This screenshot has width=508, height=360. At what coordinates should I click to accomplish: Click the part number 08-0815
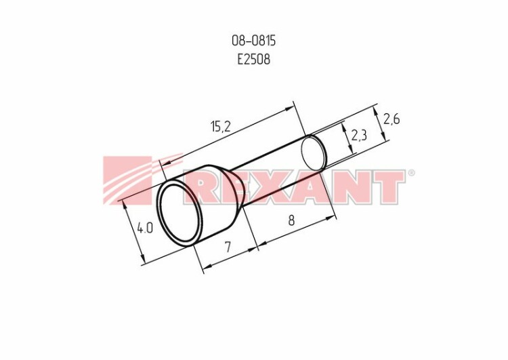(x=254, y=41)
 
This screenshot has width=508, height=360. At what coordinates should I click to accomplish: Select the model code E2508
(x=254, y=60)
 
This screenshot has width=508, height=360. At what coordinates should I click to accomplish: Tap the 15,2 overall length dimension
(x=221, y=126)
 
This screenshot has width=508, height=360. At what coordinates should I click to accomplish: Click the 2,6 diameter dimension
(x=391, y=119)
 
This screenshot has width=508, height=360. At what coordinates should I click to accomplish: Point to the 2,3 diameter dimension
(x=359, y=135)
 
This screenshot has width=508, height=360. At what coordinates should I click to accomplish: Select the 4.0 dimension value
(x=144, y=228)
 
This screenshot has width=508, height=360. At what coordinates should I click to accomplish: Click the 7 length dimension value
(x=228, y=247)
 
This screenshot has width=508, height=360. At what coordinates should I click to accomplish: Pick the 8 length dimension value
(x=291, y=220)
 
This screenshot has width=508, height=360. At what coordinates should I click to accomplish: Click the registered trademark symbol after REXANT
(x=411, y=172)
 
